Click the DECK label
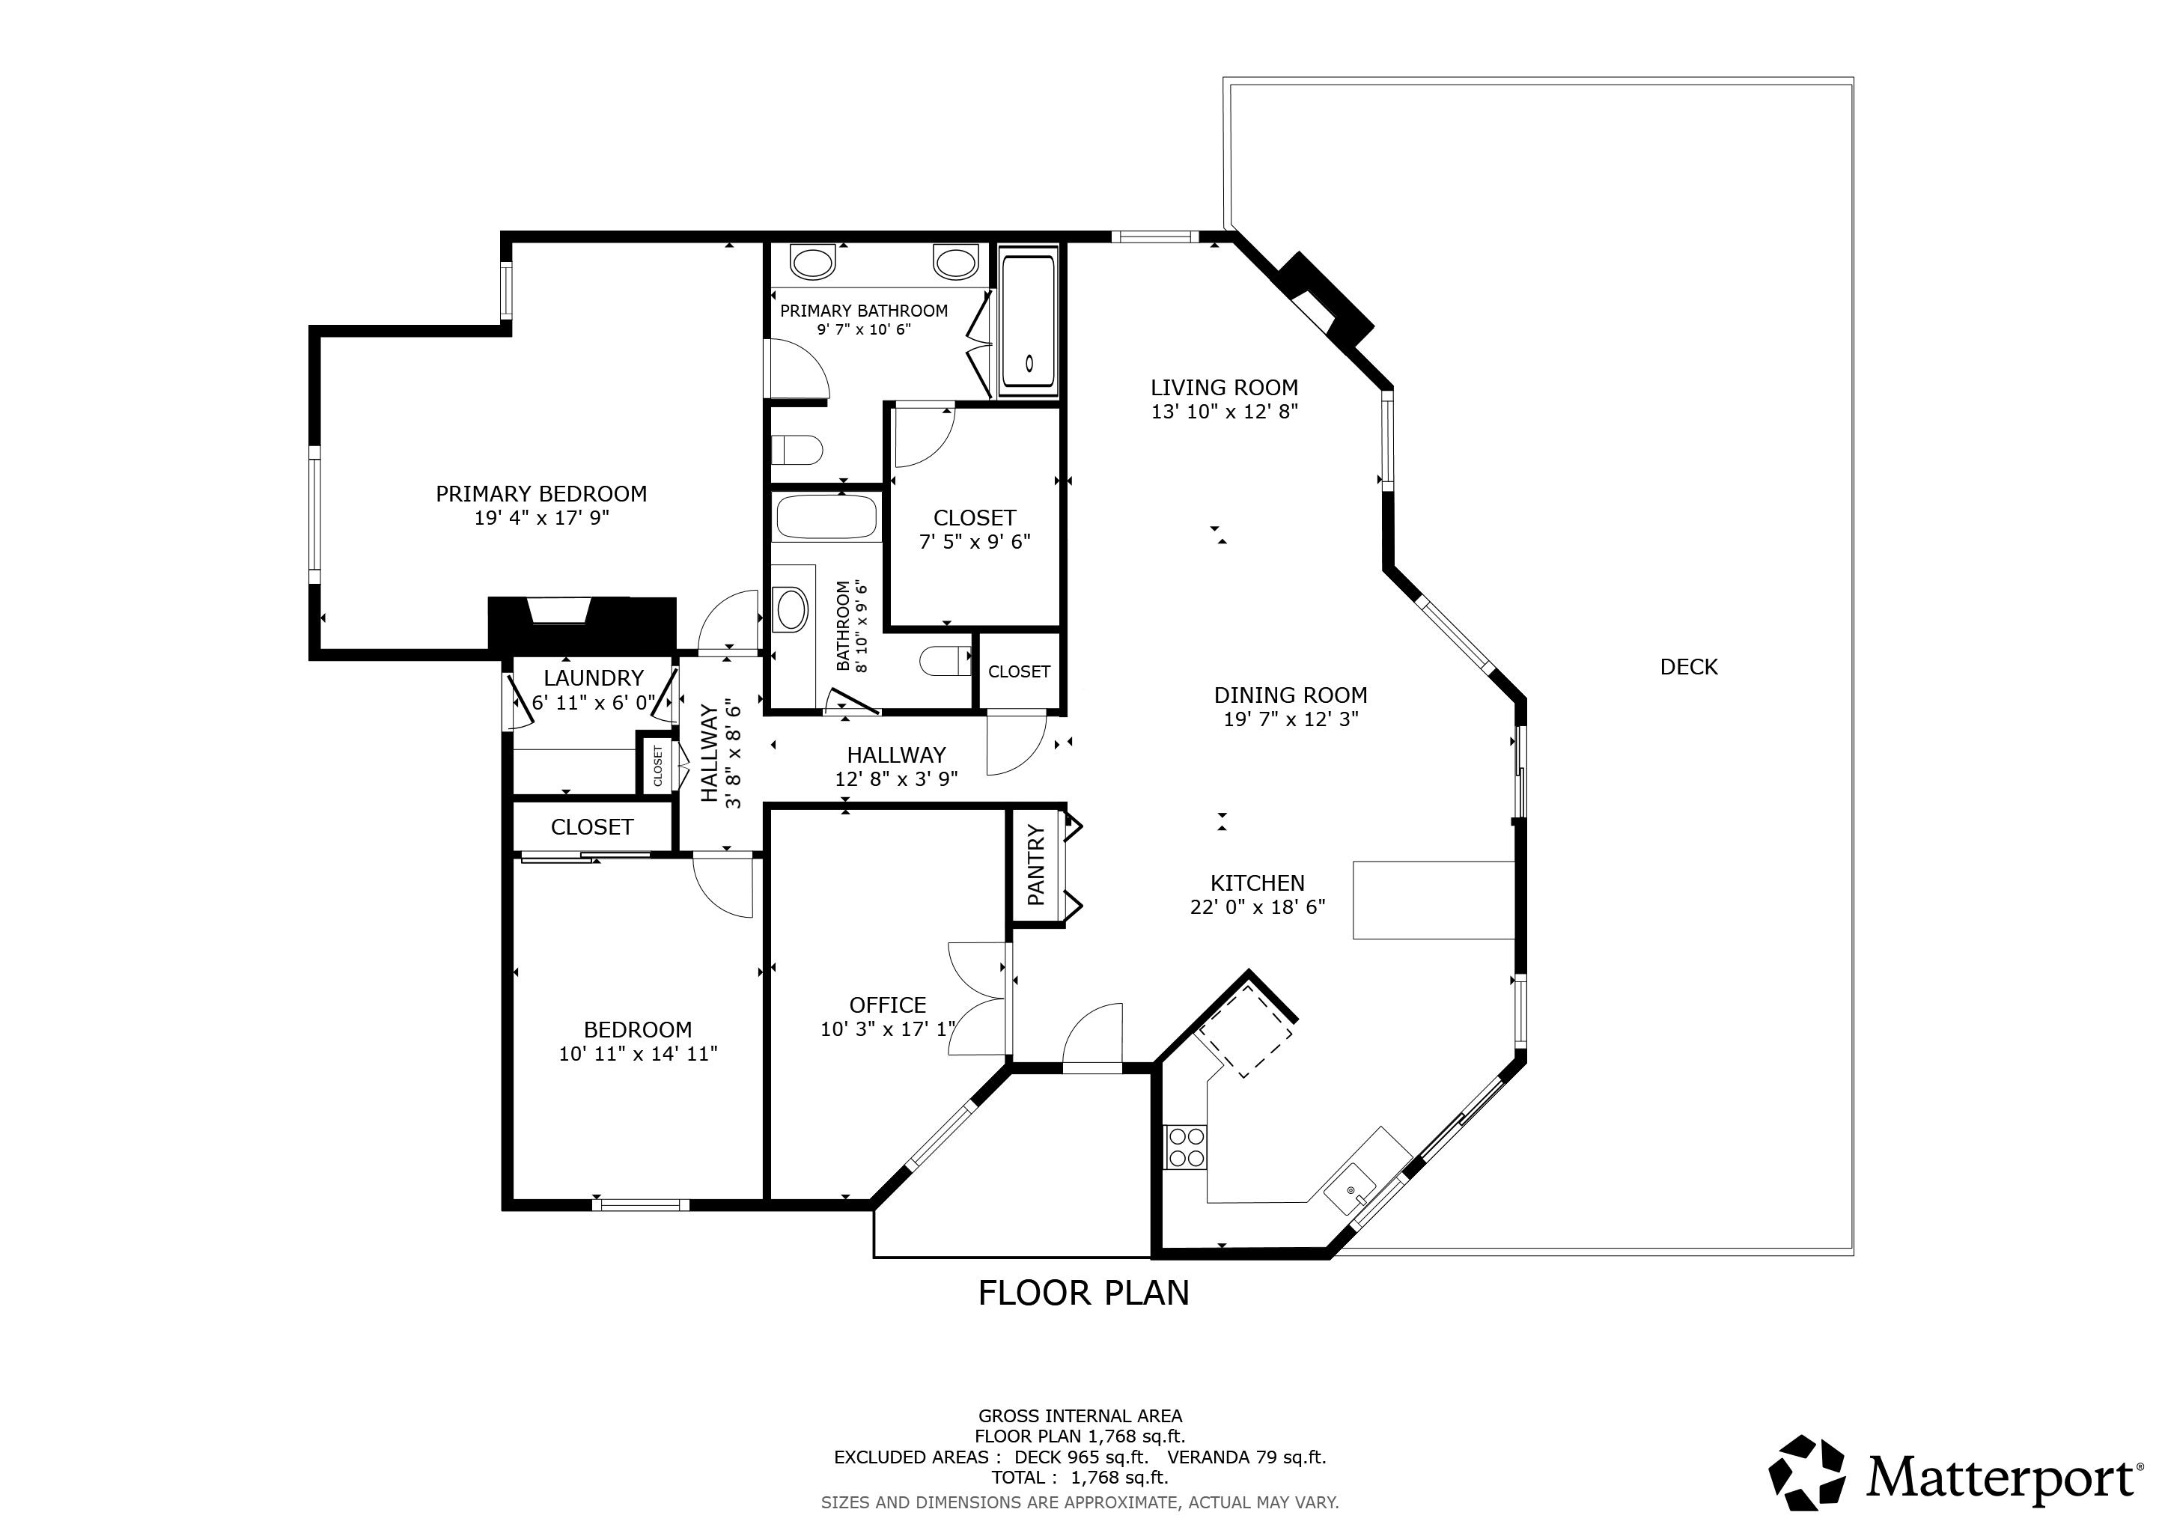pos(1688,668)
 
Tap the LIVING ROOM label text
pos(1224,388)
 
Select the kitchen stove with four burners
pos(1186,1147)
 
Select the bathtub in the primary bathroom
pos(1029,321)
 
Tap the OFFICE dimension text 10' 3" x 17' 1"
pos(888,1030)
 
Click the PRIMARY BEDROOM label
pos(541,494)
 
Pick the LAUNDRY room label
pos(593,677)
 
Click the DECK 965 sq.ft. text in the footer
pos(1081,1457)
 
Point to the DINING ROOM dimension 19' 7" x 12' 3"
pos(1290,719)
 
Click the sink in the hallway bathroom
pos(791,609)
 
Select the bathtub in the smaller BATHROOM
pos(827,517)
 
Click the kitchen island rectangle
pos(1434,900)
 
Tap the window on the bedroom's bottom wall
pos(640,1204)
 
